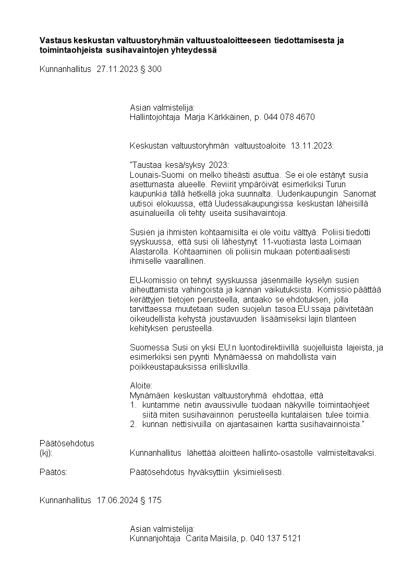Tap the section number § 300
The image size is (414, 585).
pos(151,69)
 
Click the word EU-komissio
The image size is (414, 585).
pos(151,281)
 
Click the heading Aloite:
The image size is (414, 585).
pos(141,386)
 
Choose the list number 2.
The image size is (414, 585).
pos(133,424)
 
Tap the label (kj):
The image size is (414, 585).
pos(46,453)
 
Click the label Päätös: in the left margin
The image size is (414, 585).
pos(53,472)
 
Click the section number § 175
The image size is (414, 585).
pos(151,501)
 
